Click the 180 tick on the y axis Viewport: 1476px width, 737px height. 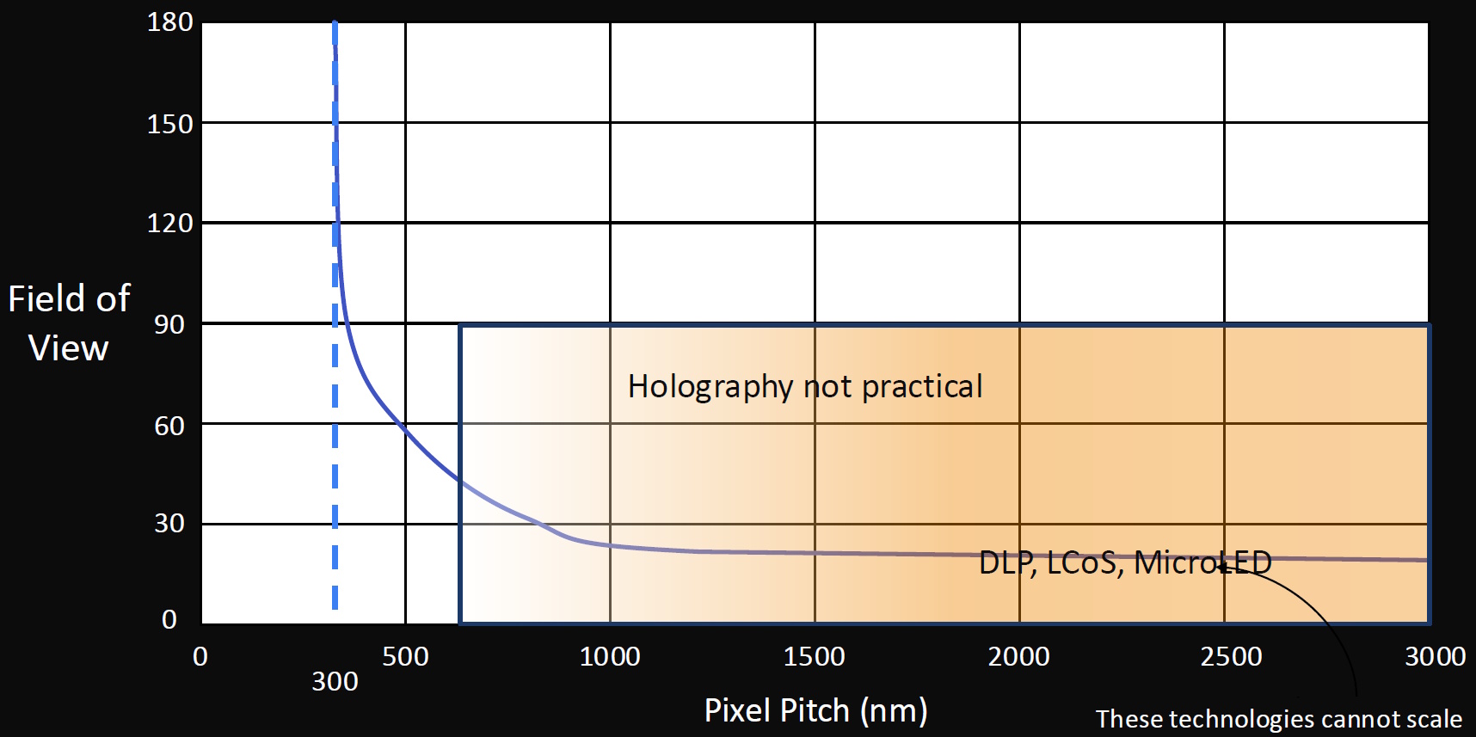click(169, 22)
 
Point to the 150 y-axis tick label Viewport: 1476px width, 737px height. click(169, 125)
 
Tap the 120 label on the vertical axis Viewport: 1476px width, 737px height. click(169, 224)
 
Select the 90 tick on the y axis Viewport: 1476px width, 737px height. click(169, 324)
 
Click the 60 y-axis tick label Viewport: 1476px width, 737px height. click(169, 426)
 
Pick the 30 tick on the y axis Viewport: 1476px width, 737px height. click(169, 523)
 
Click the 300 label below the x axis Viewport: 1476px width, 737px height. click(335, 682)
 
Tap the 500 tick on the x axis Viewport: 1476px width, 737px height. click(405, 657)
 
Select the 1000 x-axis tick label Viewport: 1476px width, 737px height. click(610, 657)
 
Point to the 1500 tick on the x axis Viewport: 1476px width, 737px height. click(814, 657)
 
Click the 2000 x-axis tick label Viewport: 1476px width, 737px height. click(1018, 657)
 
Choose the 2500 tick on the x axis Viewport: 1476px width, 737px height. click(1231, 657)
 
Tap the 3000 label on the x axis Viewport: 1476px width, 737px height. click(1435, 657)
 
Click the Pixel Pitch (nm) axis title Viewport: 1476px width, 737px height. click(815, 711)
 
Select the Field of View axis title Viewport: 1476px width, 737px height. click(69, 323)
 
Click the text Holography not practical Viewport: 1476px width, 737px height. click(805, 387)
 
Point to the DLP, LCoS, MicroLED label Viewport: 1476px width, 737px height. click(1125, 562)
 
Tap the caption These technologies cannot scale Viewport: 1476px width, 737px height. click(1278, 719)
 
